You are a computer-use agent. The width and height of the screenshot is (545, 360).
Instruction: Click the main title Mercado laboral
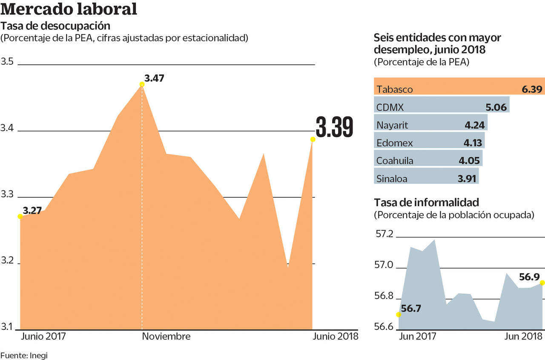[69, 9]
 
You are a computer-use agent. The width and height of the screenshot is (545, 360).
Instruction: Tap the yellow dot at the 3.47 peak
[142, 84]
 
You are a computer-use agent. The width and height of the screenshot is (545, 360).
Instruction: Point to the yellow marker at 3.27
[20, 216]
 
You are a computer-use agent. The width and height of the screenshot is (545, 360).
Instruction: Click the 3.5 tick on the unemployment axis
[7, 62]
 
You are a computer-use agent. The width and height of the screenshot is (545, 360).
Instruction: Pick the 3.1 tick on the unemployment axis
[7, 327]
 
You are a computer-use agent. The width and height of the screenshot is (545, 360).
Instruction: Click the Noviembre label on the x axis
[166, 336]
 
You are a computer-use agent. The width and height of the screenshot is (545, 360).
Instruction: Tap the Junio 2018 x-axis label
[336, 336]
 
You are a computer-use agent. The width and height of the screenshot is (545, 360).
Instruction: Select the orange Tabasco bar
[459, 86]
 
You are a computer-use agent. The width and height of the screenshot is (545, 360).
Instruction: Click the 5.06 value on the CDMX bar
[496, 107]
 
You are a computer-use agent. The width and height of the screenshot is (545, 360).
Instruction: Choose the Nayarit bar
[430, 122]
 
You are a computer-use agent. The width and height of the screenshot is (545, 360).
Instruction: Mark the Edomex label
[395, 143]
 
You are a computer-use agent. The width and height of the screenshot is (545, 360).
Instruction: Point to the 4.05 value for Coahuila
[469, 161]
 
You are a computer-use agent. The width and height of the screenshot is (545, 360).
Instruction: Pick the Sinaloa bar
[426, 176]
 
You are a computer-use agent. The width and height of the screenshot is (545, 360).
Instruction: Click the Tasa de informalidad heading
[427, 202]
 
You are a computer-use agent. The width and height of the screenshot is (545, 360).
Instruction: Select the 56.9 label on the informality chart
[530, 277]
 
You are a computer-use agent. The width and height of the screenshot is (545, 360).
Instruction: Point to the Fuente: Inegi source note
[24, 355]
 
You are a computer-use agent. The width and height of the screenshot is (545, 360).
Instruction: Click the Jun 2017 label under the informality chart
[418, 336]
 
